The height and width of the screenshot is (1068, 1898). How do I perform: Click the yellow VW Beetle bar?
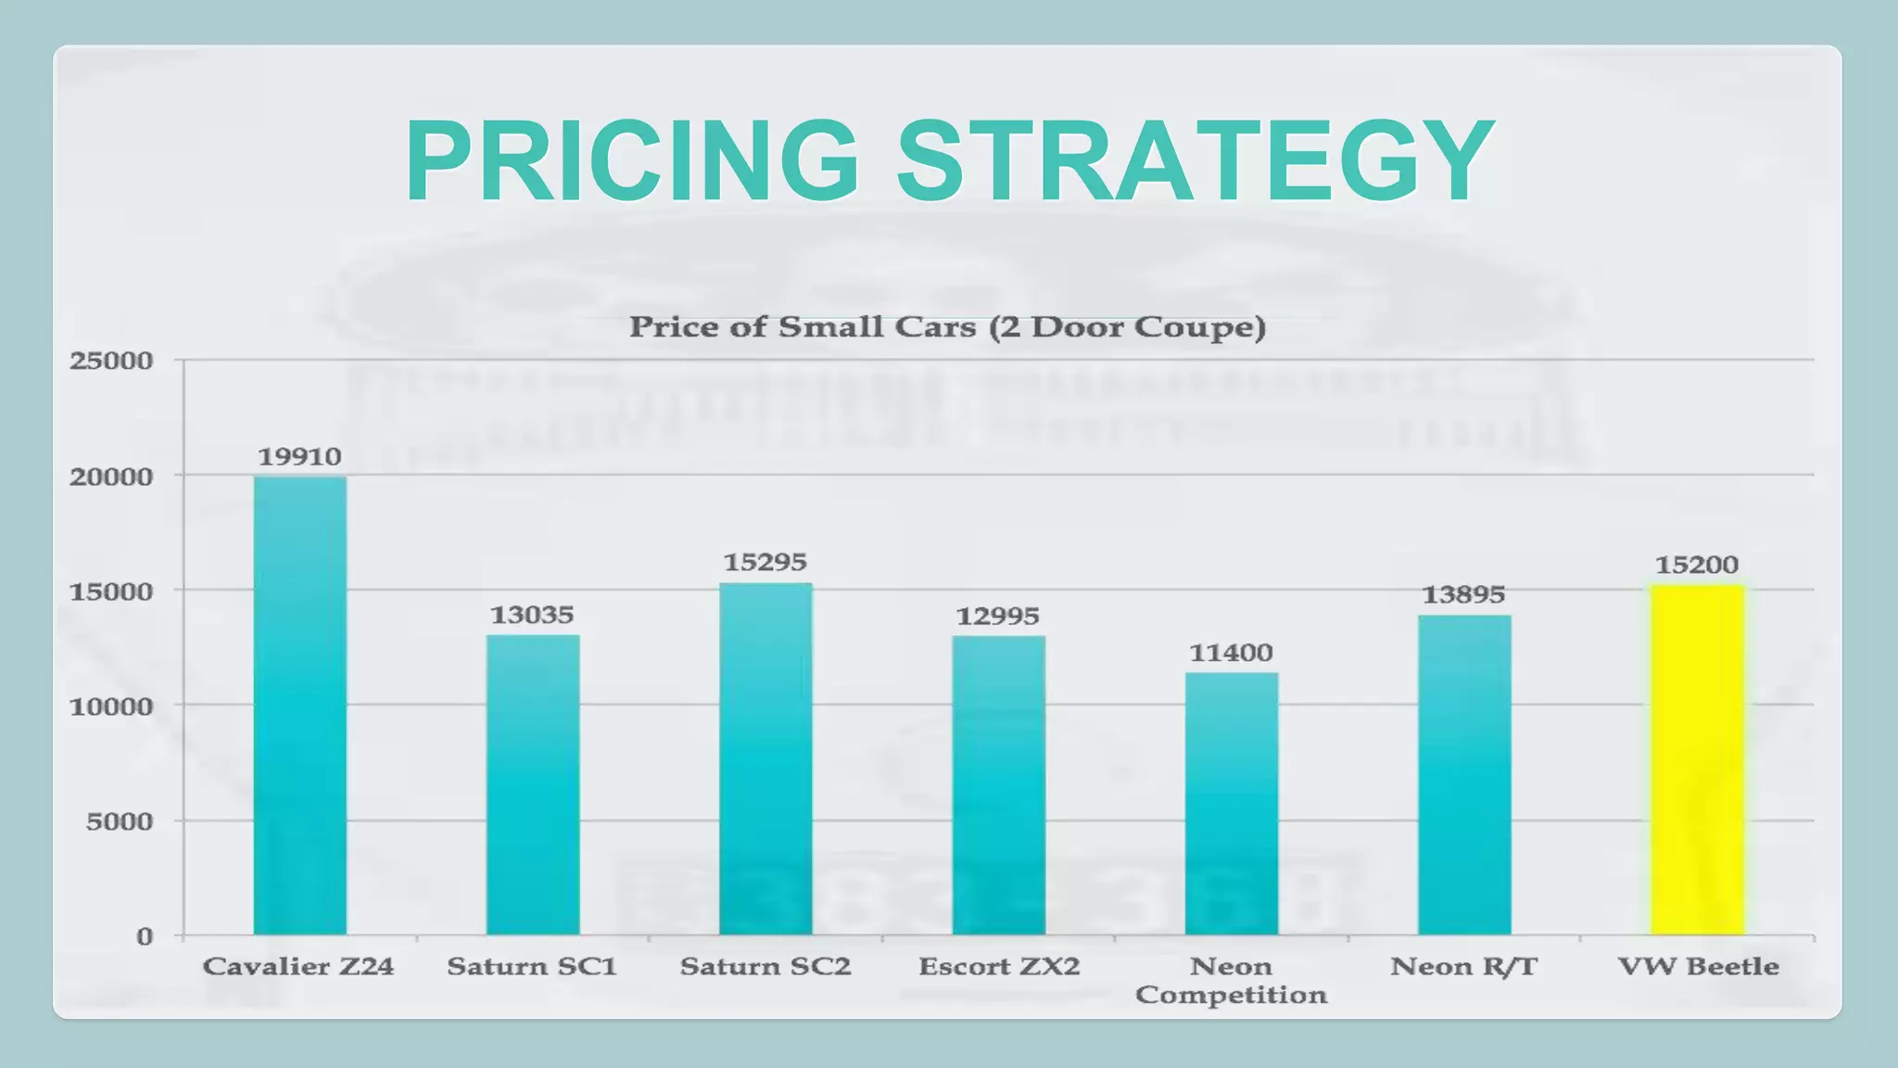tap(1697, 760)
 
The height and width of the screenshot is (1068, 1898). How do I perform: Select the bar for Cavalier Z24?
tap(300, 705)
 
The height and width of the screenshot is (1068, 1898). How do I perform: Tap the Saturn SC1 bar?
tap(533, 784)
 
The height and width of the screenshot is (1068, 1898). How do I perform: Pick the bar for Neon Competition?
tap(1231, 803)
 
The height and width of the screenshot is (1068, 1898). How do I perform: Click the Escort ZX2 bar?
tap(998, 784)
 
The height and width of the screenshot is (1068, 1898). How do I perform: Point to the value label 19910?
tap(299, 456)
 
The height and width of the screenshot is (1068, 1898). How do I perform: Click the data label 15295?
tap(765, 562)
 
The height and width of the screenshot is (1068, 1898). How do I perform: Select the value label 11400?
tap(1231, 653)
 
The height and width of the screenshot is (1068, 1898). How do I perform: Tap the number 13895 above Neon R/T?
tap(1463, 594)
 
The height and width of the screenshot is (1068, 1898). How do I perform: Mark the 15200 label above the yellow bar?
tap(1697, 565)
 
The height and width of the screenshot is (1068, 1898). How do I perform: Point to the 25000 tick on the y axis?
tap(111, 361)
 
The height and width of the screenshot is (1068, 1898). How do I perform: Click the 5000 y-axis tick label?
tap(120, 821)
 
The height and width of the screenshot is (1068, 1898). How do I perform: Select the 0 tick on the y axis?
tap(145, 936)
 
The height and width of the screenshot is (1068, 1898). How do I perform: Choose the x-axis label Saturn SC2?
tap(765, 967)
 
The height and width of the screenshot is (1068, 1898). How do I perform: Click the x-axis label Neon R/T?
tap(1463, 967)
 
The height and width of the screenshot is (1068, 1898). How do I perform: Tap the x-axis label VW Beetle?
tap(1698, 967)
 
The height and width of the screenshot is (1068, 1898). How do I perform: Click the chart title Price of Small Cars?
tap(947, 327)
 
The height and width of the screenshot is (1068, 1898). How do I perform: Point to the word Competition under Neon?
tap(1231, 995)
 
